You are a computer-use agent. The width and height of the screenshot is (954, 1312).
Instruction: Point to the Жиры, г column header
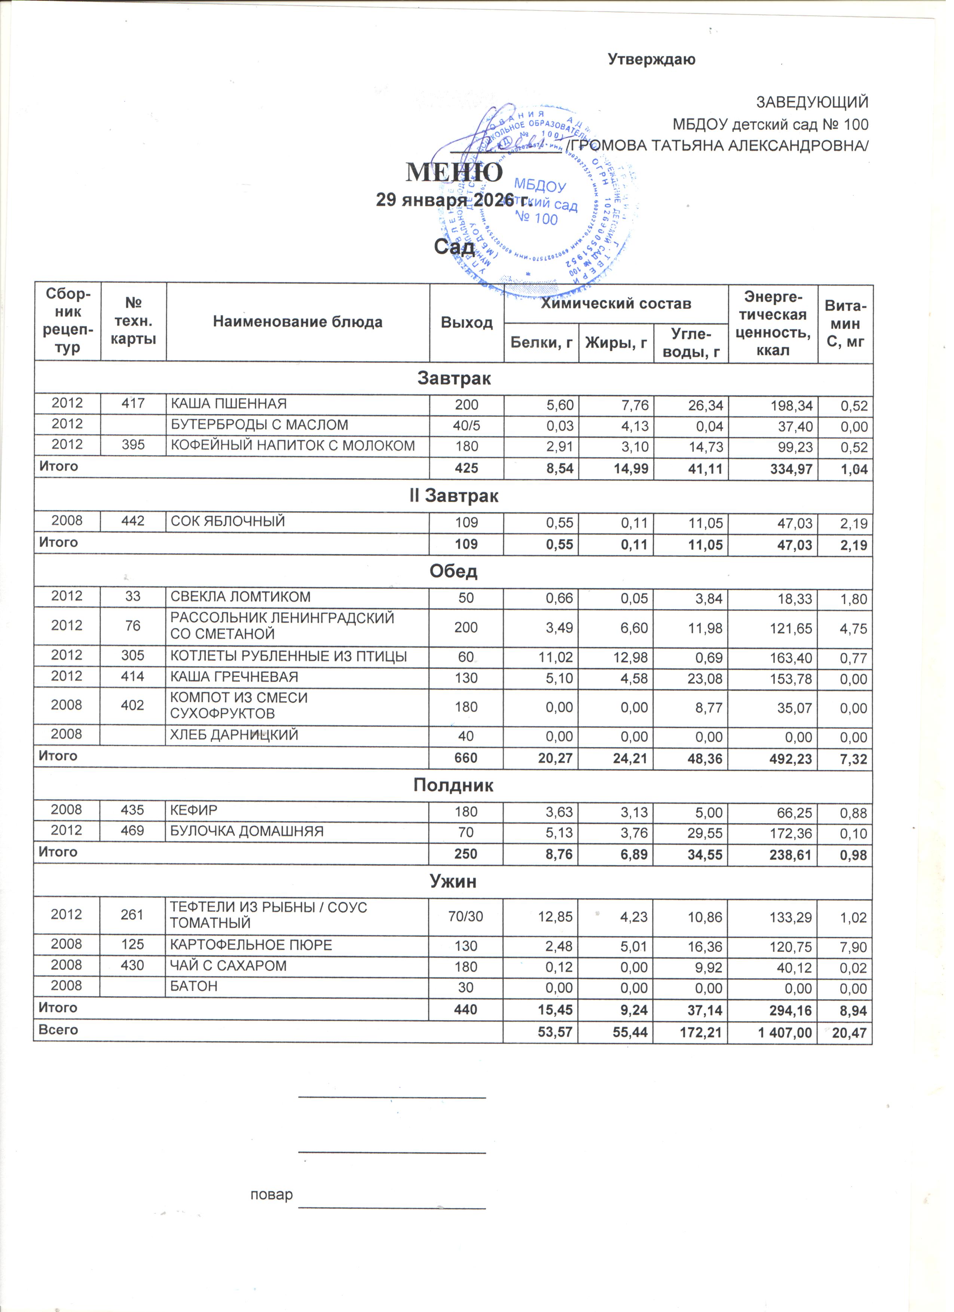coord(616,344)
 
